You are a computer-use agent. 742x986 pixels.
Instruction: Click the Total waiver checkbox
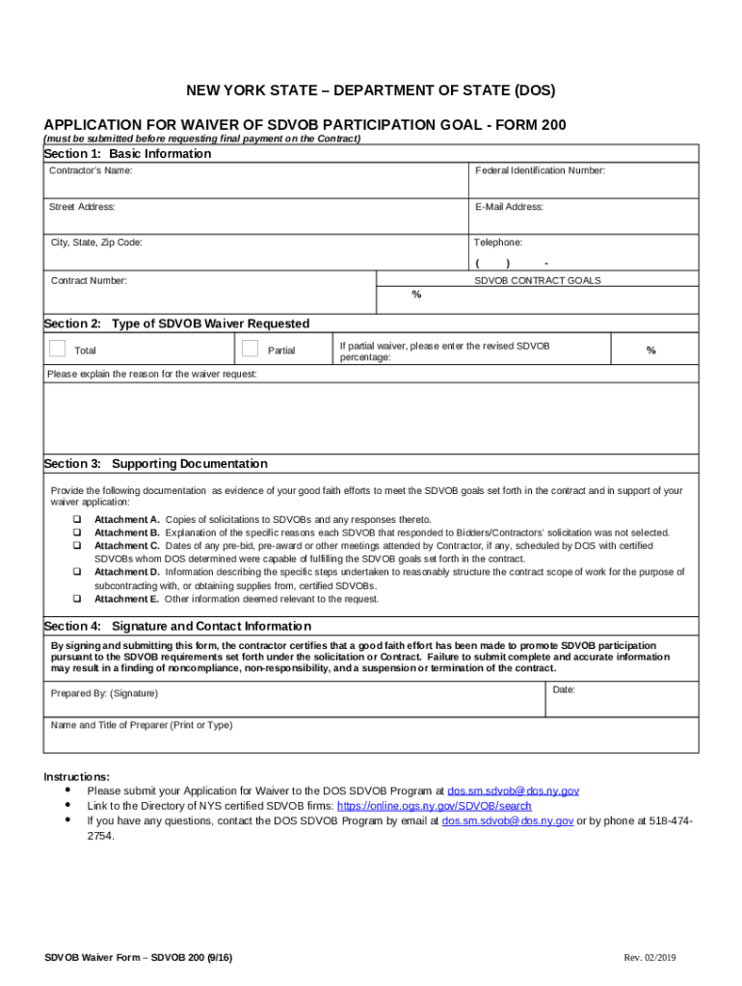pos(58,349)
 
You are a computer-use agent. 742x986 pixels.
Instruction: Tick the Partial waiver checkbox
pos(251,349)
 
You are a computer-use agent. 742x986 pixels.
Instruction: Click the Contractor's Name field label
pos(92,170)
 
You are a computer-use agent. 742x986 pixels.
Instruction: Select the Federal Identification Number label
pos(540,170)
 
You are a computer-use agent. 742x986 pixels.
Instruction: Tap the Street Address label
pos(83,207)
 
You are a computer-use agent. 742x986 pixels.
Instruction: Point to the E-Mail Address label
pos(509,207)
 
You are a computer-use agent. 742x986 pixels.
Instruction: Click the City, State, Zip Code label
pos(96,243)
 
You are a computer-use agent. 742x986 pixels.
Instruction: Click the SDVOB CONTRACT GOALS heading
pos(537,280)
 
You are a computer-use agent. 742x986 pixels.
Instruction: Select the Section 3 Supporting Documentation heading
pos(156,464)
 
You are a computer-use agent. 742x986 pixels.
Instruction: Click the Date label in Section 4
pos(564,689)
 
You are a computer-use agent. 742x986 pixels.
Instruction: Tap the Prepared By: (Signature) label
pos(104,693)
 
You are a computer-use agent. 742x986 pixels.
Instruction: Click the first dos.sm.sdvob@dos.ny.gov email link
pos(514,791)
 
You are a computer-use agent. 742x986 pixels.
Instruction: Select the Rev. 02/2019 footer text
pos(650,958)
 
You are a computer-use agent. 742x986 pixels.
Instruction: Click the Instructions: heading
pos(77,776)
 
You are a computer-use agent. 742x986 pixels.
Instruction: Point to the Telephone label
pos(498,243)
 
